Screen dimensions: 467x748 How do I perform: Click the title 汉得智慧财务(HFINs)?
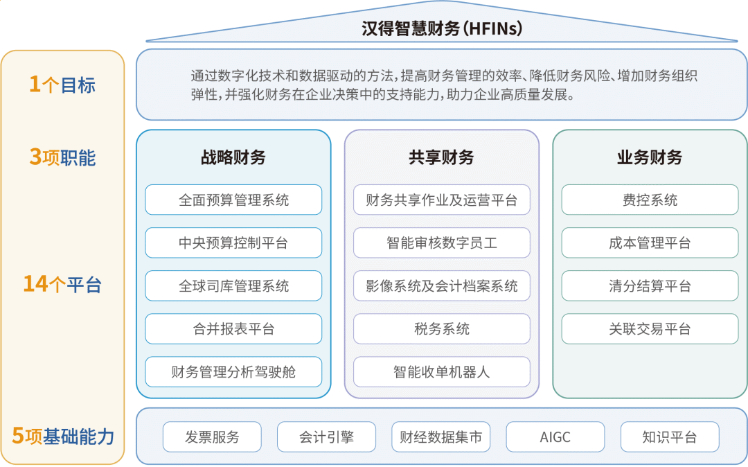442,28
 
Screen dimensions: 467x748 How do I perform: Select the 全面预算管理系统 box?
233,200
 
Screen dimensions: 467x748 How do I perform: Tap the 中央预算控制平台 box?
233,243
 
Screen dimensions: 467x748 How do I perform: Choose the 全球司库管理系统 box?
233,286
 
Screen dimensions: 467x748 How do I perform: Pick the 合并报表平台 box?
233,329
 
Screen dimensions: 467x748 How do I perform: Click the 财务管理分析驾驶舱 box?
233,372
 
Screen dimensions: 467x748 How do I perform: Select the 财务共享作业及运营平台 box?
442,200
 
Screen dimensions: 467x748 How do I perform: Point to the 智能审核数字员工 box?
442,243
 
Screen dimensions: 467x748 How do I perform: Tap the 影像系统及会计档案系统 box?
442,286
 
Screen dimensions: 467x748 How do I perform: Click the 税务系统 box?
442,329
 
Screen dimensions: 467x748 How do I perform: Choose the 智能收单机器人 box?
442,372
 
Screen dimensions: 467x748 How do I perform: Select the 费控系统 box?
650,200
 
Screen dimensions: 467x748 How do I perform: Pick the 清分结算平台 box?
650,286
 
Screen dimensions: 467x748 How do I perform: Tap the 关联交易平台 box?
650,329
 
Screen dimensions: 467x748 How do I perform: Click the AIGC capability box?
555,437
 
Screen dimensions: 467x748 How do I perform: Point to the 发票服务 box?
212,437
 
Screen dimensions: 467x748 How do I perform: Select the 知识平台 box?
670,437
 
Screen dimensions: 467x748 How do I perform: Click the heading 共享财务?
442,157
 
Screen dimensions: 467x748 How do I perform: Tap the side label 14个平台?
62,284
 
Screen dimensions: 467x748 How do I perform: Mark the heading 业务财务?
650,157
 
